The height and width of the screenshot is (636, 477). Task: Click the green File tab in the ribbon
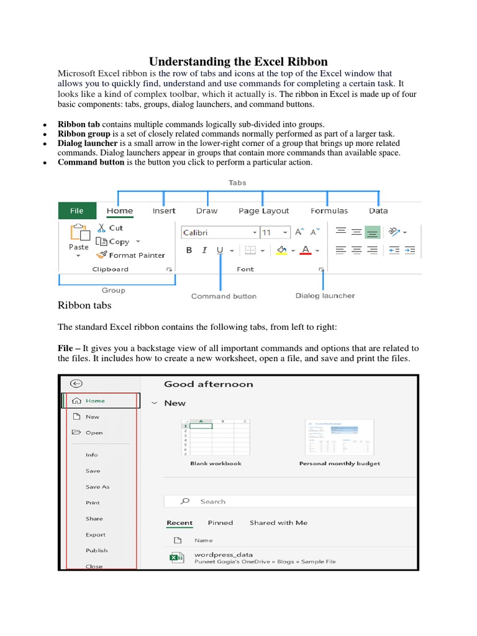coord(76,211)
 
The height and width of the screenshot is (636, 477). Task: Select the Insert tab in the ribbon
coord(164,211)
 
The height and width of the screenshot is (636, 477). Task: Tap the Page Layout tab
coord(263,211)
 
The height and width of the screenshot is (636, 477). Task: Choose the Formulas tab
coord(329,211)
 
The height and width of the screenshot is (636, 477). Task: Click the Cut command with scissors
coord(110,228)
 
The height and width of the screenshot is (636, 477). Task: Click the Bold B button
coord(189,250)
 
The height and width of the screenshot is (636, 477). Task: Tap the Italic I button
coord(204,250)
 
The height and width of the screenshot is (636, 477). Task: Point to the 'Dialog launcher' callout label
coord(325,296)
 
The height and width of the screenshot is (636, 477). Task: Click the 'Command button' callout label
coord(224,296)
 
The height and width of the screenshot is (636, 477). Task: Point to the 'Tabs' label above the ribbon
coord(237,183)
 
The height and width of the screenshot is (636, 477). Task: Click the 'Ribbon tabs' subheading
coord(84,305)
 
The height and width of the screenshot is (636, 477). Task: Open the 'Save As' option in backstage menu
coord(98,487)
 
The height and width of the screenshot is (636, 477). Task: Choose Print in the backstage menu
coord(93,502)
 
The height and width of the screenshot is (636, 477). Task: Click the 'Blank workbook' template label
coord(216,463)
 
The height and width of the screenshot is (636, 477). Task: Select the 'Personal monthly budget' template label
coord(339,463)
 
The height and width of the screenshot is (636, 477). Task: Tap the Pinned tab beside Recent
coord(220,522)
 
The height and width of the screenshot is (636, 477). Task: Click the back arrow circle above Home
coord(77,384)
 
